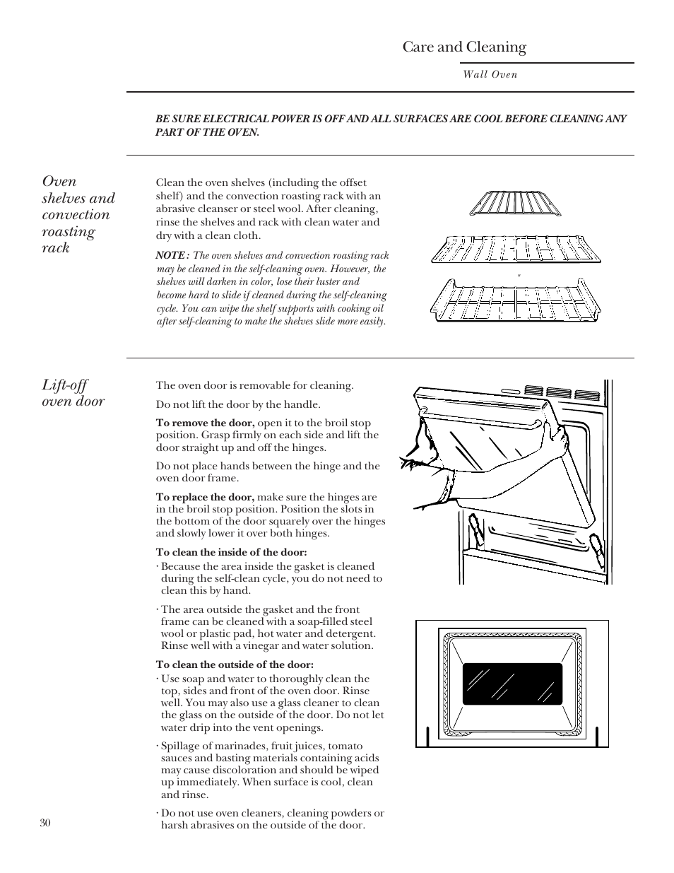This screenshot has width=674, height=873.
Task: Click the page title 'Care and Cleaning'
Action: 464,47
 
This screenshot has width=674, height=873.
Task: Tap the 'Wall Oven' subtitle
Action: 490,74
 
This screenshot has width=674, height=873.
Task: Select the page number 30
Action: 45,823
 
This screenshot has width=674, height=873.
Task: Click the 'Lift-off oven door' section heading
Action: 73,393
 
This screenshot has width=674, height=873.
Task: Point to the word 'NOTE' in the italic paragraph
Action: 170,256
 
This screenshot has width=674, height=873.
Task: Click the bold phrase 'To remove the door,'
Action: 205,423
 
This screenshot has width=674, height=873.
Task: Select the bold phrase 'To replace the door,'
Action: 205,497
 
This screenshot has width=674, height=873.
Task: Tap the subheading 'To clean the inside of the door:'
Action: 231,553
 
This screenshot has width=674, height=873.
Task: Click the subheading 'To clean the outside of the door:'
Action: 235,664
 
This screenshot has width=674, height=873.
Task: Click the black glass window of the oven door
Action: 512,684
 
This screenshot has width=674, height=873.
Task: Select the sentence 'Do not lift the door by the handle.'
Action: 238,405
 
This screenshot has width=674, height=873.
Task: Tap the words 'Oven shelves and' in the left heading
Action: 78,189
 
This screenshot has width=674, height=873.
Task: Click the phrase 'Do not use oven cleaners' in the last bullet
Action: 219,814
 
